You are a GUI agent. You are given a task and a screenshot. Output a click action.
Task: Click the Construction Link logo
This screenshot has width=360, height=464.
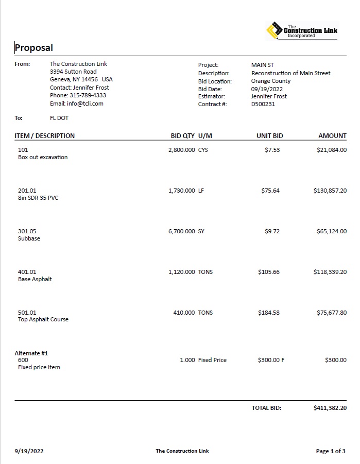(302, 31)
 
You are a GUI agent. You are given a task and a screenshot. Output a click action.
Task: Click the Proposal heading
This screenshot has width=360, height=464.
(33, 48)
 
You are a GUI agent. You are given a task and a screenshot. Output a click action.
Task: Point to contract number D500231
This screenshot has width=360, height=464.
(263, 104)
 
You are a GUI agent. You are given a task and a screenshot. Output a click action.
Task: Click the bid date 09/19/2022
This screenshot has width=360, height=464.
(267, 89)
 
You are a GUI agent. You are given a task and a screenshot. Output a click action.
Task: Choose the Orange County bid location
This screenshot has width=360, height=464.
(271, 81)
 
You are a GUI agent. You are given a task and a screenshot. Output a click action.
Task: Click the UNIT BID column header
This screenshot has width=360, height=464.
(270, 136)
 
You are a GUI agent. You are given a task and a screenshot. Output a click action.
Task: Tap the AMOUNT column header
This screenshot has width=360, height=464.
(332, 136)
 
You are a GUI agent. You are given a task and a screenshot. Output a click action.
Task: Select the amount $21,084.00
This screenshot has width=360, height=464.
(332, 150)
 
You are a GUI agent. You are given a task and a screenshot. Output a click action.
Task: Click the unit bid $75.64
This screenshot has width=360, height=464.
(270, 191)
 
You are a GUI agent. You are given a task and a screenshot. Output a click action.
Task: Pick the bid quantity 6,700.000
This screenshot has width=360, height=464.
(181, 231)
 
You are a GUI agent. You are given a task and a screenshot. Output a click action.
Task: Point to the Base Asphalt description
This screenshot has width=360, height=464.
(35, 279)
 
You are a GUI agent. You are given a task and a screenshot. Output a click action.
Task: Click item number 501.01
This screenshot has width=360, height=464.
(27, 313)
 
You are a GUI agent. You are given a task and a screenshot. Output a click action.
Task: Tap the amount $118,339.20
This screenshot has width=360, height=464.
(330, 272)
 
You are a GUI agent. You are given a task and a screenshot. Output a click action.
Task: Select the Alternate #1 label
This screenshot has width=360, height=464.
(31, 353)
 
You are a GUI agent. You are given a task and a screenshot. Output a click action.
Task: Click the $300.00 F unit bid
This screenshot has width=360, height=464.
(271, 360)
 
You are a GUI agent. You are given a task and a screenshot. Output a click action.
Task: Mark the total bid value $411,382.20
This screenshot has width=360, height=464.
(330, 408)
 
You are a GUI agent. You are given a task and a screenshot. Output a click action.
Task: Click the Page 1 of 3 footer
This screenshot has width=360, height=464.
(331, 451)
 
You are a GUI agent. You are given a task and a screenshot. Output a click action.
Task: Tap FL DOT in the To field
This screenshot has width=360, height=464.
(59, 118)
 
